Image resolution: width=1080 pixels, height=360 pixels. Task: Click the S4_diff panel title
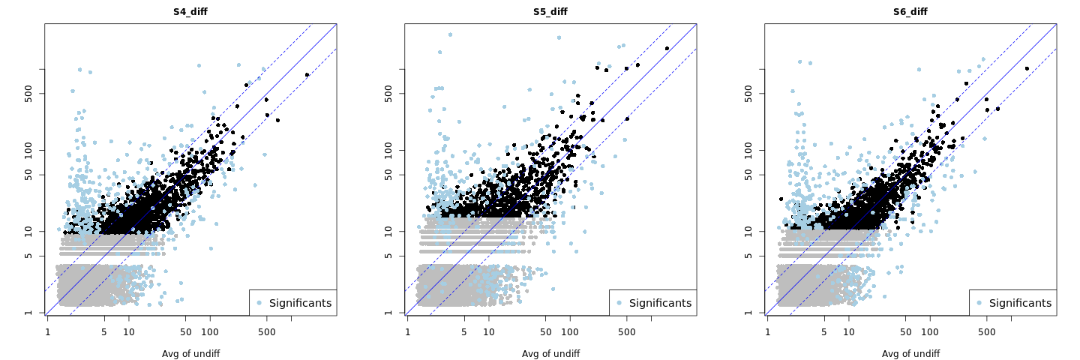pyautogui.click(x=190, y=12)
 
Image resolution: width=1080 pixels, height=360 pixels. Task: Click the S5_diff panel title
pyautogui.click(x=550, y=12)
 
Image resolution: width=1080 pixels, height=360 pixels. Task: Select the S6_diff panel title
pyautogui.click(x=910, y=12)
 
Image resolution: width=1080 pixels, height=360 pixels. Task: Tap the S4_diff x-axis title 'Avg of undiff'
pyautogui.click(x=190, y=353)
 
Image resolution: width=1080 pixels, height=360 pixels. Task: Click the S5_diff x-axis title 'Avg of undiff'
pyautogui.click(x=550, y=353)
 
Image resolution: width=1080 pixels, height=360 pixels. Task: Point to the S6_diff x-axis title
pyautogui.click(x=910, y=353)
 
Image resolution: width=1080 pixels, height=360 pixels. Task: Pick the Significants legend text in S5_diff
pyautogui.click(x=660, y=303)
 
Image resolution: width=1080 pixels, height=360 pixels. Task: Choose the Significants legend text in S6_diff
pyautogui.click(x=1020, y=303)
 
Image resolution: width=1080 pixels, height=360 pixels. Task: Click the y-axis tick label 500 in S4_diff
pyautogui.click(x=34, y=93)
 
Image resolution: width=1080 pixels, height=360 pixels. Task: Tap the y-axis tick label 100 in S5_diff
pyautogui.click(x=394, y=150)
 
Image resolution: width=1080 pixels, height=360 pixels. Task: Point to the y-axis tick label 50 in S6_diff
pyautogui.click(x=754, y=175)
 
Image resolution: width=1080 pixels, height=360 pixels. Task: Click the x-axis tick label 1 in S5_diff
pyautogui.click(x=407, y=331)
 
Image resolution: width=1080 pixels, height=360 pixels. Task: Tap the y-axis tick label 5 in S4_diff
pyautogui.click(x=34, y=256)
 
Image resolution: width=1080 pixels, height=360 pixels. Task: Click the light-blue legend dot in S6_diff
pyautogui.click(x=979, y=303)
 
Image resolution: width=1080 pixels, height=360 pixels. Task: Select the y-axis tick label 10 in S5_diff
pyautogui.click(x=394, y=232)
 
